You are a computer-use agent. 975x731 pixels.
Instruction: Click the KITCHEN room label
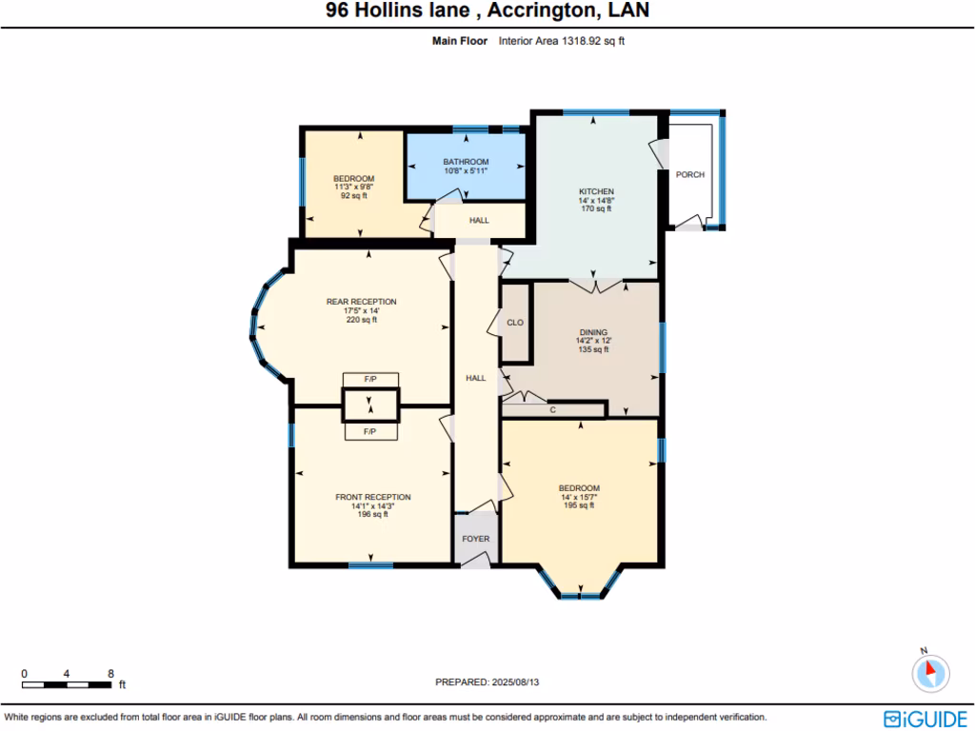[x=596, y=191]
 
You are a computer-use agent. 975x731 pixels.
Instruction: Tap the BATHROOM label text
[x=466, y=162]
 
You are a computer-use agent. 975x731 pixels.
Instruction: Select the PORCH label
[x=689, y=175]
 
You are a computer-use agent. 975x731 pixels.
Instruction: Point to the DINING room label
[x=593, y=332]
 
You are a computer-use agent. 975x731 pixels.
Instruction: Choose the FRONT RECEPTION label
[x=372, y=497]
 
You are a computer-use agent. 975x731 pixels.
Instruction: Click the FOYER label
[x=475, y=539]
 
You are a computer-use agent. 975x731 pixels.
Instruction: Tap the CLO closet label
[x=514, y=323]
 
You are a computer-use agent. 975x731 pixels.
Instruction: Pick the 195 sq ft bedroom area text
[x=579, y=505]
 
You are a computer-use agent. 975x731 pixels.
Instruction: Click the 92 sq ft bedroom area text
[x=352, y=196]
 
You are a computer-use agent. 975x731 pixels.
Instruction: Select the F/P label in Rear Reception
[x=370, y=380]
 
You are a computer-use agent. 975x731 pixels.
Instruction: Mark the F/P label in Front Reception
[x=370, y=432]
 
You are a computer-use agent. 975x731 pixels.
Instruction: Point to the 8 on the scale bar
[x=111, y=673]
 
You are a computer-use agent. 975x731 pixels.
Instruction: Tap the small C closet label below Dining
[x=552, y=409]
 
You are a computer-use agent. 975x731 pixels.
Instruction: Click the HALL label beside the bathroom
[x=479, y=221]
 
